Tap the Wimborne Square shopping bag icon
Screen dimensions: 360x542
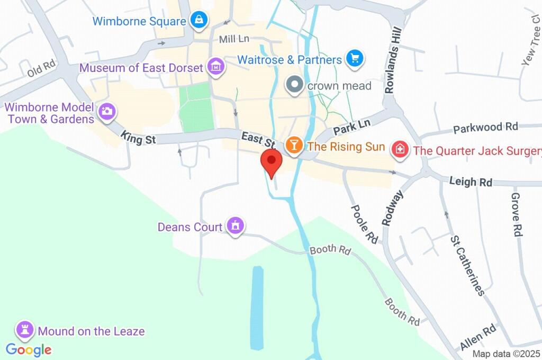click(x=199, y=21)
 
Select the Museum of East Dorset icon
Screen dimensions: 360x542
click(x=216, y=67)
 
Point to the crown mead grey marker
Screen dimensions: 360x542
click(x=294, y=85)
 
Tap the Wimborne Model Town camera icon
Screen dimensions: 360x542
click(x=107, y=111)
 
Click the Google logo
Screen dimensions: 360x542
click(x=29, y=350)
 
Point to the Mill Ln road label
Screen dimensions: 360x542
click(x=233, y=39)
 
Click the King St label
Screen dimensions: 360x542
click(x=138, y=138)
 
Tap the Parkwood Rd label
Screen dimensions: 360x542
click(x=485, y=128)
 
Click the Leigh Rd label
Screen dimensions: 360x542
click(x=471, y=182)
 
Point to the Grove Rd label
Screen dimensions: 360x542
click(x=517, y=214)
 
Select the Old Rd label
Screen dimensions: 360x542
click(x=41, y=69)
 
